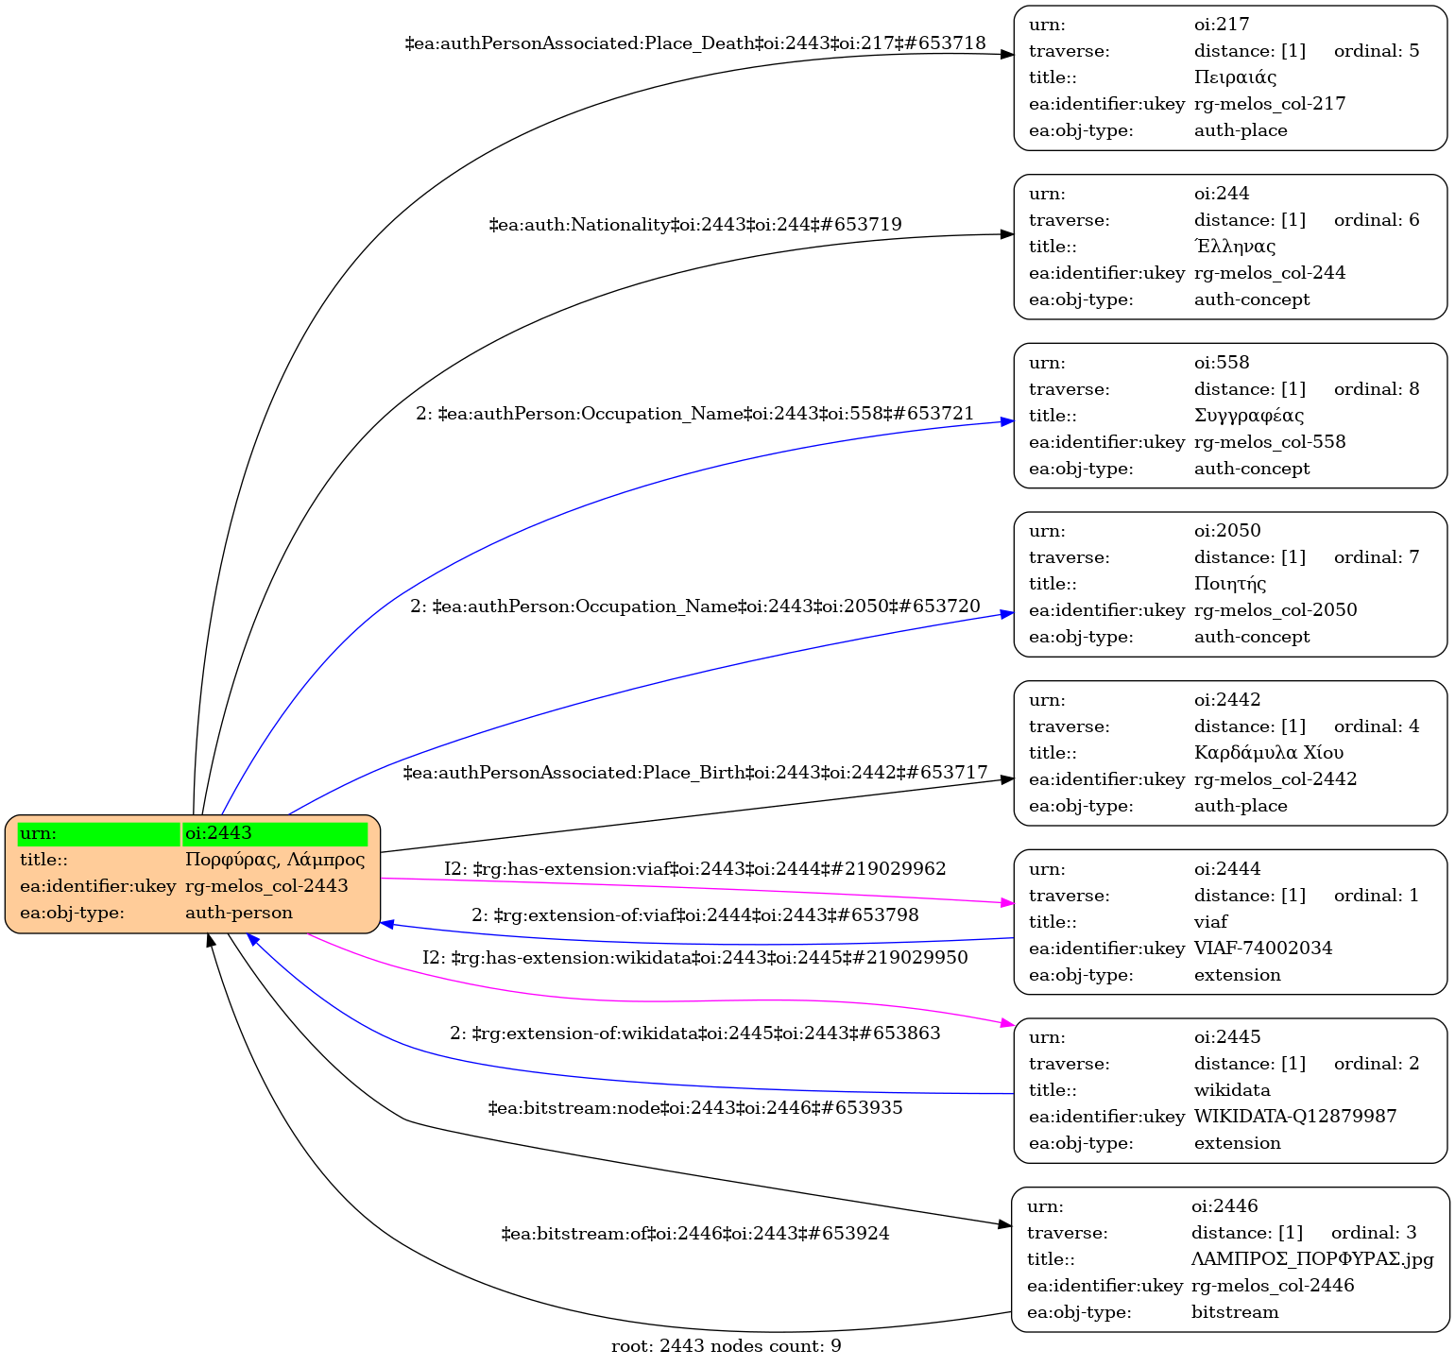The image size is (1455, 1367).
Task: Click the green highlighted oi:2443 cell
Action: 274,833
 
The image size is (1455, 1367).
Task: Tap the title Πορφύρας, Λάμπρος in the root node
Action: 275,860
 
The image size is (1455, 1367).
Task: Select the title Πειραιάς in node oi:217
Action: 1235,77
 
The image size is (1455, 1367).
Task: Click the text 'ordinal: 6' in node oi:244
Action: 1376,220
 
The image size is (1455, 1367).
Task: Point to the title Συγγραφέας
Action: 1249,416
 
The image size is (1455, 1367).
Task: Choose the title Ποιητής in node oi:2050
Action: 1230,584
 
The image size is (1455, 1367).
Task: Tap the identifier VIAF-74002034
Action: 1263,948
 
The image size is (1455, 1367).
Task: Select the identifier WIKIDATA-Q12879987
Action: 1295,1117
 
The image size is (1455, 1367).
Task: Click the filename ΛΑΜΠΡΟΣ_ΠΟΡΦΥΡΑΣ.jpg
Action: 1312,1259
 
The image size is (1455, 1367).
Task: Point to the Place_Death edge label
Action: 695,43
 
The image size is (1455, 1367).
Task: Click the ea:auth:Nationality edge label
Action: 695,225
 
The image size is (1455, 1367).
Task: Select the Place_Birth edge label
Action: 695,773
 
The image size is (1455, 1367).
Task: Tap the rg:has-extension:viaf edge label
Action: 695,868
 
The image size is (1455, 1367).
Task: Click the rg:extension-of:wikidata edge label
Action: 695,1034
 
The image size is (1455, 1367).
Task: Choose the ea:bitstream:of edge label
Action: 695,1234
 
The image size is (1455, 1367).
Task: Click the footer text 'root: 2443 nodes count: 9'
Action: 726,1346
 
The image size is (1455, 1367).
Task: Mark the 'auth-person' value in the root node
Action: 239,913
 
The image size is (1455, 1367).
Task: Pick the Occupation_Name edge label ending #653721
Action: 695,414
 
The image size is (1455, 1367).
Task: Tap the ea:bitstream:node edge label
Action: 695,1107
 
